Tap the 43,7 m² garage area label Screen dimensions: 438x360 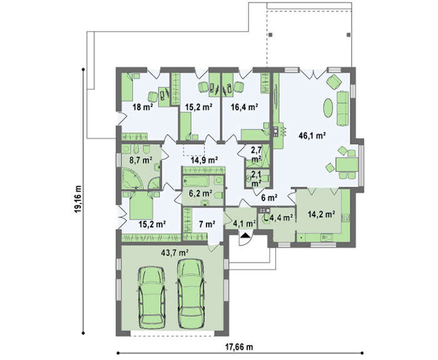(175, 252)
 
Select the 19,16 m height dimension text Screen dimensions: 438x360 (78, 198)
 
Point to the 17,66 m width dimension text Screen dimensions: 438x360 (239, 347)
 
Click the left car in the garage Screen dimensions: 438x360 (152, 297)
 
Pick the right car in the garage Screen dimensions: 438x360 (190, 294)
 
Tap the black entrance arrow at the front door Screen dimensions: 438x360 (245, 235)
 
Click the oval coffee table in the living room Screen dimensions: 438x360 (328, 108)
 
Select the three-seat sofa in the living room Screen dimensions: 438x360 (343, 108)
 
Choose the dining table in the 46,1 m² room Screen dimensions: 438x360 (347, 164)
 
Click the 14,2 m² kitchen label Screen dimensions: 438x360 (322, 214)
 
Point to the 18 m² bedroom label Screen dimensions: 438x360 (143, 107)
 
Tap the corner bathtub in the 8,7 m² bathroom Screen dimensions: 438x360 (132, 178)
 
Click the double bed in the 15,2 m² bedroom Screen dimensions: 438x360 (141, 205)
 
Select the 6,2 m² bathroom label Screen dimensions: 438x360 (200, 193)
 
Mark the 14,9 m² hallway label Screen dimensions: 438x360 (204, 160)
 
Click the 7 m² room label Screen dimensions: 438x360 (207, 224)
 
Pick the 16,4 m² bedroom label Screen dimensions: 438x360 (244, 106)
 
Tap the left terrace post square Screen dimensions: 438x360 (270, 34)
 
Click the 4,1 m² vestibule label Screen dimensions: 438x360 (245, 224)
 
